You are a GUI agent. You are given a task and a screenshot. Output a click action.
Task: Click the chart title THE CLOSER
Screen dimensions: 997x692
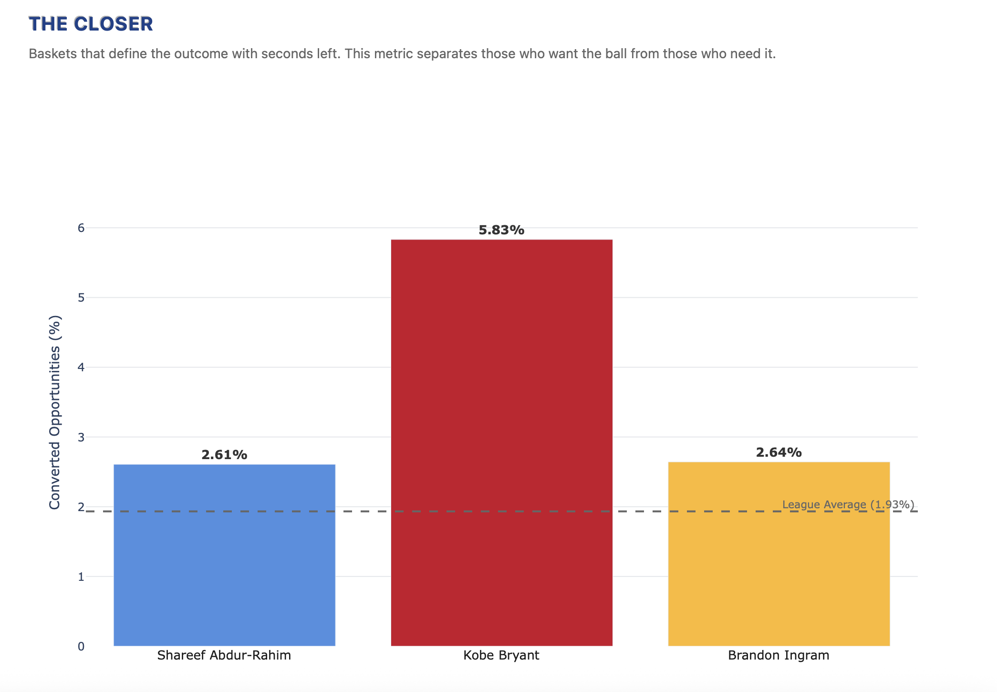[91, 24]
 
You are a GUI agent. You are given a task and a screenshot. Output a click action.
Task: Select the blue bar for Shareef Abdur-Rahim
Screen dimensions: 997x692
[224, 555]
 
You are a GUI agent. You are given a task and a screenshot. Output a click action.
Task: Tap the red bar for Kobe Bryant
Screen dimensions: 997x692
[501, 443]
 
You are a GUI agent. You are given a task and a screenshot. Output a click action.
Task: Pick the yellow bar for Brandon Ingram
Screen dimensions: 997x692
[779, 554]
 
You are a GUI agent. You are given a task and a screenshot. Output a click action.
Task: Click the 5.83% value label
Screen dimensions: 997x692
[501, 230]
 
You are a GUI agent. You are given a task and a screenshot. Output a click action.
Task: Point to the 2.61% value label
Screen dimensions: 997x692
[224, 455]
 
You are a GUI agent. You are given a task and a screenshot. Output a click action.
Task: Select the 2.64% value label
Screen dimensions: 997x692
[779, 452]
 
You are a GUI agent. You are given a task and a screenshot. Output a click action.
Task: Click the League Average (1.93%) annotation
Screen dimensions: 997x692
[848, 504]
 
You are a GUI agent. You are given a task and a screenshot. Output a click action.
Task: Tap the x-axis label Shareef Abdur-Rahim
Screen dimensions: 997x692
[224, 655]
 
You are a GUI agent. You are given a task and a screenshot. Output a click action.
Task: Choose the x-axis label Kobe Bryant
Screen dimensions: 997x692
[501, 655]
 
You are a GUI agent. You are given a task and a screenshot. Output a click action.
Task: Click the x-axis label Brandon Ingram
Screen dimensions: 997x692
[779, 655]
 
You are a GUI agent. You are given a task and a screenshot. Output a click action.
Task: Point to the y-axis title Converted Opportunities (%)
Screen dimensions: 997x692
[55, 412]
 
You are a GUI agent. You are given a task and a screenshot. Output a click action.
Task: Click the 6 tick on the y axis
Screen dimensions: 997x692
[81, 228]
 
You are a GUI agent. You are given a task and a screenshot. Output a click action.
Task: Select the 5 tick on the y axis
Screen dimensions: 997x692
[81, 297]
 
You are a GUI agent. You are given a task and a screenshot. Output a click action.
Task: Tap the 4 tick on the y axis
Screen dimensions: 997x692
[81, 367]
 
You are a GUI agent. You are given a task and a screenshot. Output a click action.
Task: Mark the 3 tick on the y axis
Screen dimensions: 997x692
[81, 437]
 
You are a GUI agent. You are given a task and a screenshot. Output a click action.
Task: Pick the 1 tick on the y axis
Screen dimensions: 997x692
[81, 577]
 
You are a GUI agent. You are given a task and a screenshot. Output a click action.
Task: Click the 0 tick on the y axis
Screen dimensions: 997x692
[81, 646]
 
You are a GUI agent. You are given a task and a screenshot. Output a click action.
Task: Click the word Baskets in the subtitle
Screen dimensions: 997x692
[53, 53]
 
